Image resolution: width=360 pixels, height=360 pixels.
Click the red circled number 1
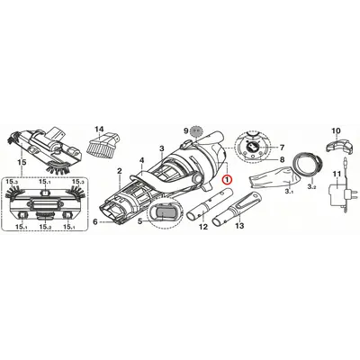click(x=227, y=179)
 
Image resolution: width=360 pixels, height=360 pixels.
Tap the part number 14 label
click(x=99, y=130)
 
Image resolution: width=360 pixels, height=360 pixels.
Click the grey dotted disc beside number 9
click(x=196, y=130)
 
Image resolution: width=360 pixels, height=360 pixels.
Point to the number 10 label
click(x=336, y=130)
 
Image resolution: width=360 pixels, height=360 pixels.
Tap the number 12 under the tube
click(x=203, y=227)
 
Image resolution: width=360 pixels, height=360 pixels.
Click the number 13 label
click(x=239, y=226)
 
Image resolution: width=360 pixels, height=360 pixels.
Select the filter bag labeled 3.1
click(x=273, y=177)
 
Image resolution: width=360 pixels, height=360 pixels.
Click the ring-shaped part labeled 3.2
click(x=308, y=164)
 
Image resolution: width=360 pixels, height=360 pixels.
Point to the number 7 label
click(x=282, y=148)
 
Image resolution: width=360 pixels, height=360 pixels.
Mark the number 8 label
click(x=282, y=160)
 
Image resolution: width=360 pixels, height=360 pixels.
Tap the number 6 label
click(x=95, y=222)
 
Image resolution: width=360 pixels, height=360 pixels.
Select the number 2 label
click(x=120, y=171)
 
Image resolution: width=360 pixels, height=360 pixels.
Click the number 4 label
click(x=142, y=161)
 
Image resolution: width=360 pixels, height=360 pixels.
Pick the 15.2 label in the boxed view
click(x=45, y=227)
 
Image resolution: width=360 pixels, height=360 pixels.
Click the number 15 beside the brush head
click(x=22, y=162)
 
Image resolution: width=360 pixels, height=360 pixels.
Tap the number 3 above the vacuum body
click(x=162, y=148)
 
